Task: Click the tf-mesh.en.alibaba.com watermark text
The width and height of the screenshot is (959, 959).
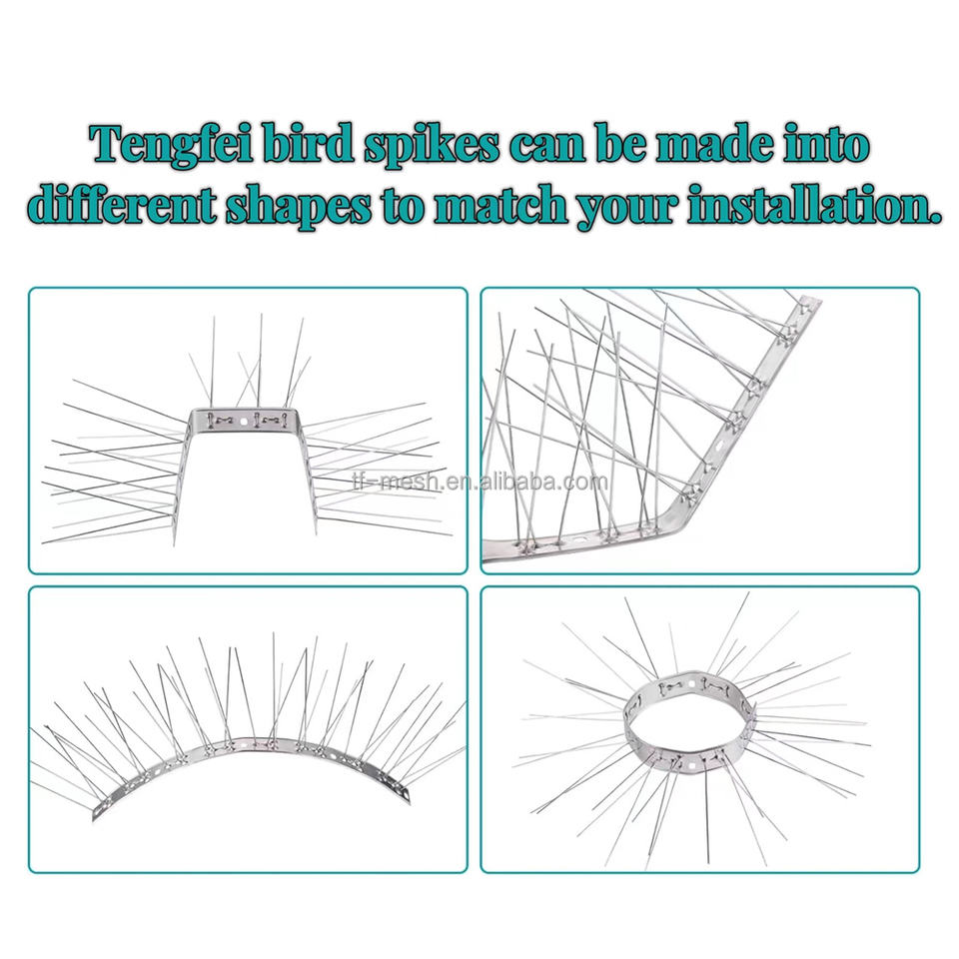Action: pos(479,482)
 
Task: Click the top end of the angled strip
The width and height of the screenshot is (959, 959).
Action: pos(809,304)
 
